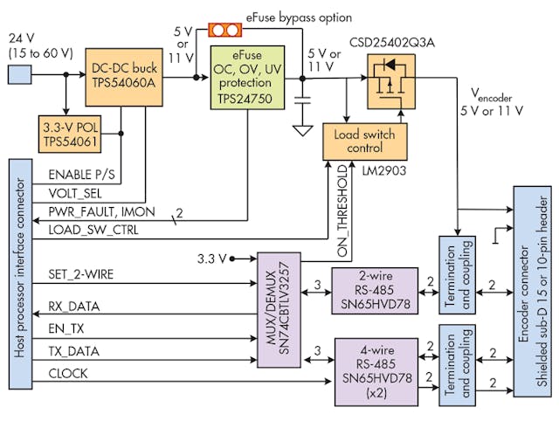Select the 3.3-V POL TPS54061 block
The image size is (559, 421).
(68, 132)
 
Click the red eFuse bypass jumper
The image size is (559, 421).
(225, 30)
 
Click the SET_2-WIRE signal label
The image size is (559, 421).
(84, 275)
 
